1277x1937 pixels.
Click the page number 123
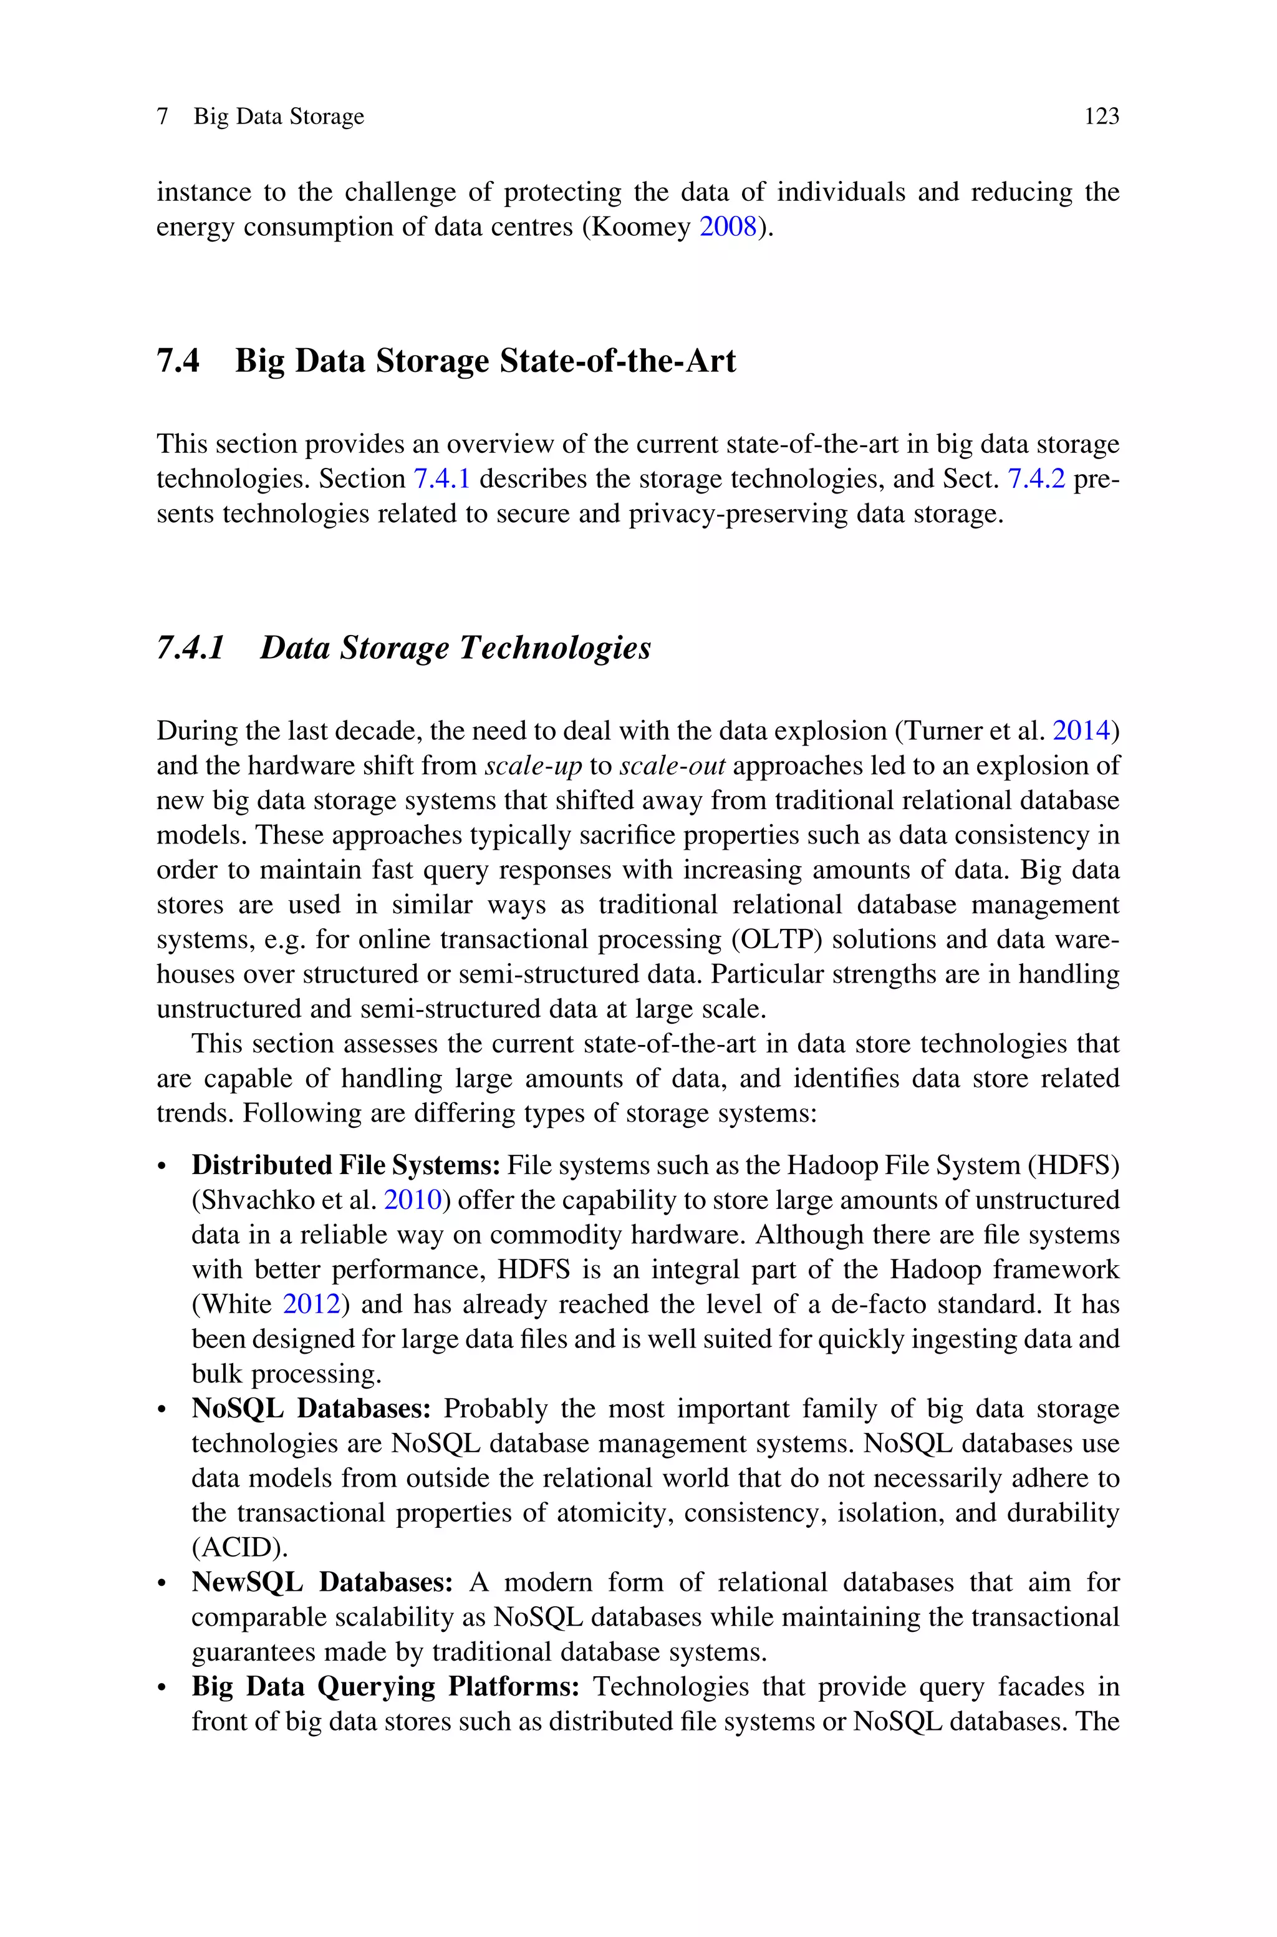1101,117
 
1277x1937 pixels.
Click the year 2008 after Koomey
728,227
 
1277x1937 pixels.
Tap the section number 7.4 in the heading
178,361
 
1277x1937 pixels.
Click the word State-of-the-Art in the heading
617,361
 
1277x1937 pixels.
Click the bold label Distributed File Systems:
345,1165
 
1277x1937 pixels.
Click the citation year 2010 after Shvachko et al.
412,1201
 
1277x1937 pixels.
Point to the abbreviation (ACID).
239,1548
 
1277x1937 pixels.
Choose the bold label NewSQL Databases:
322,1583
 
